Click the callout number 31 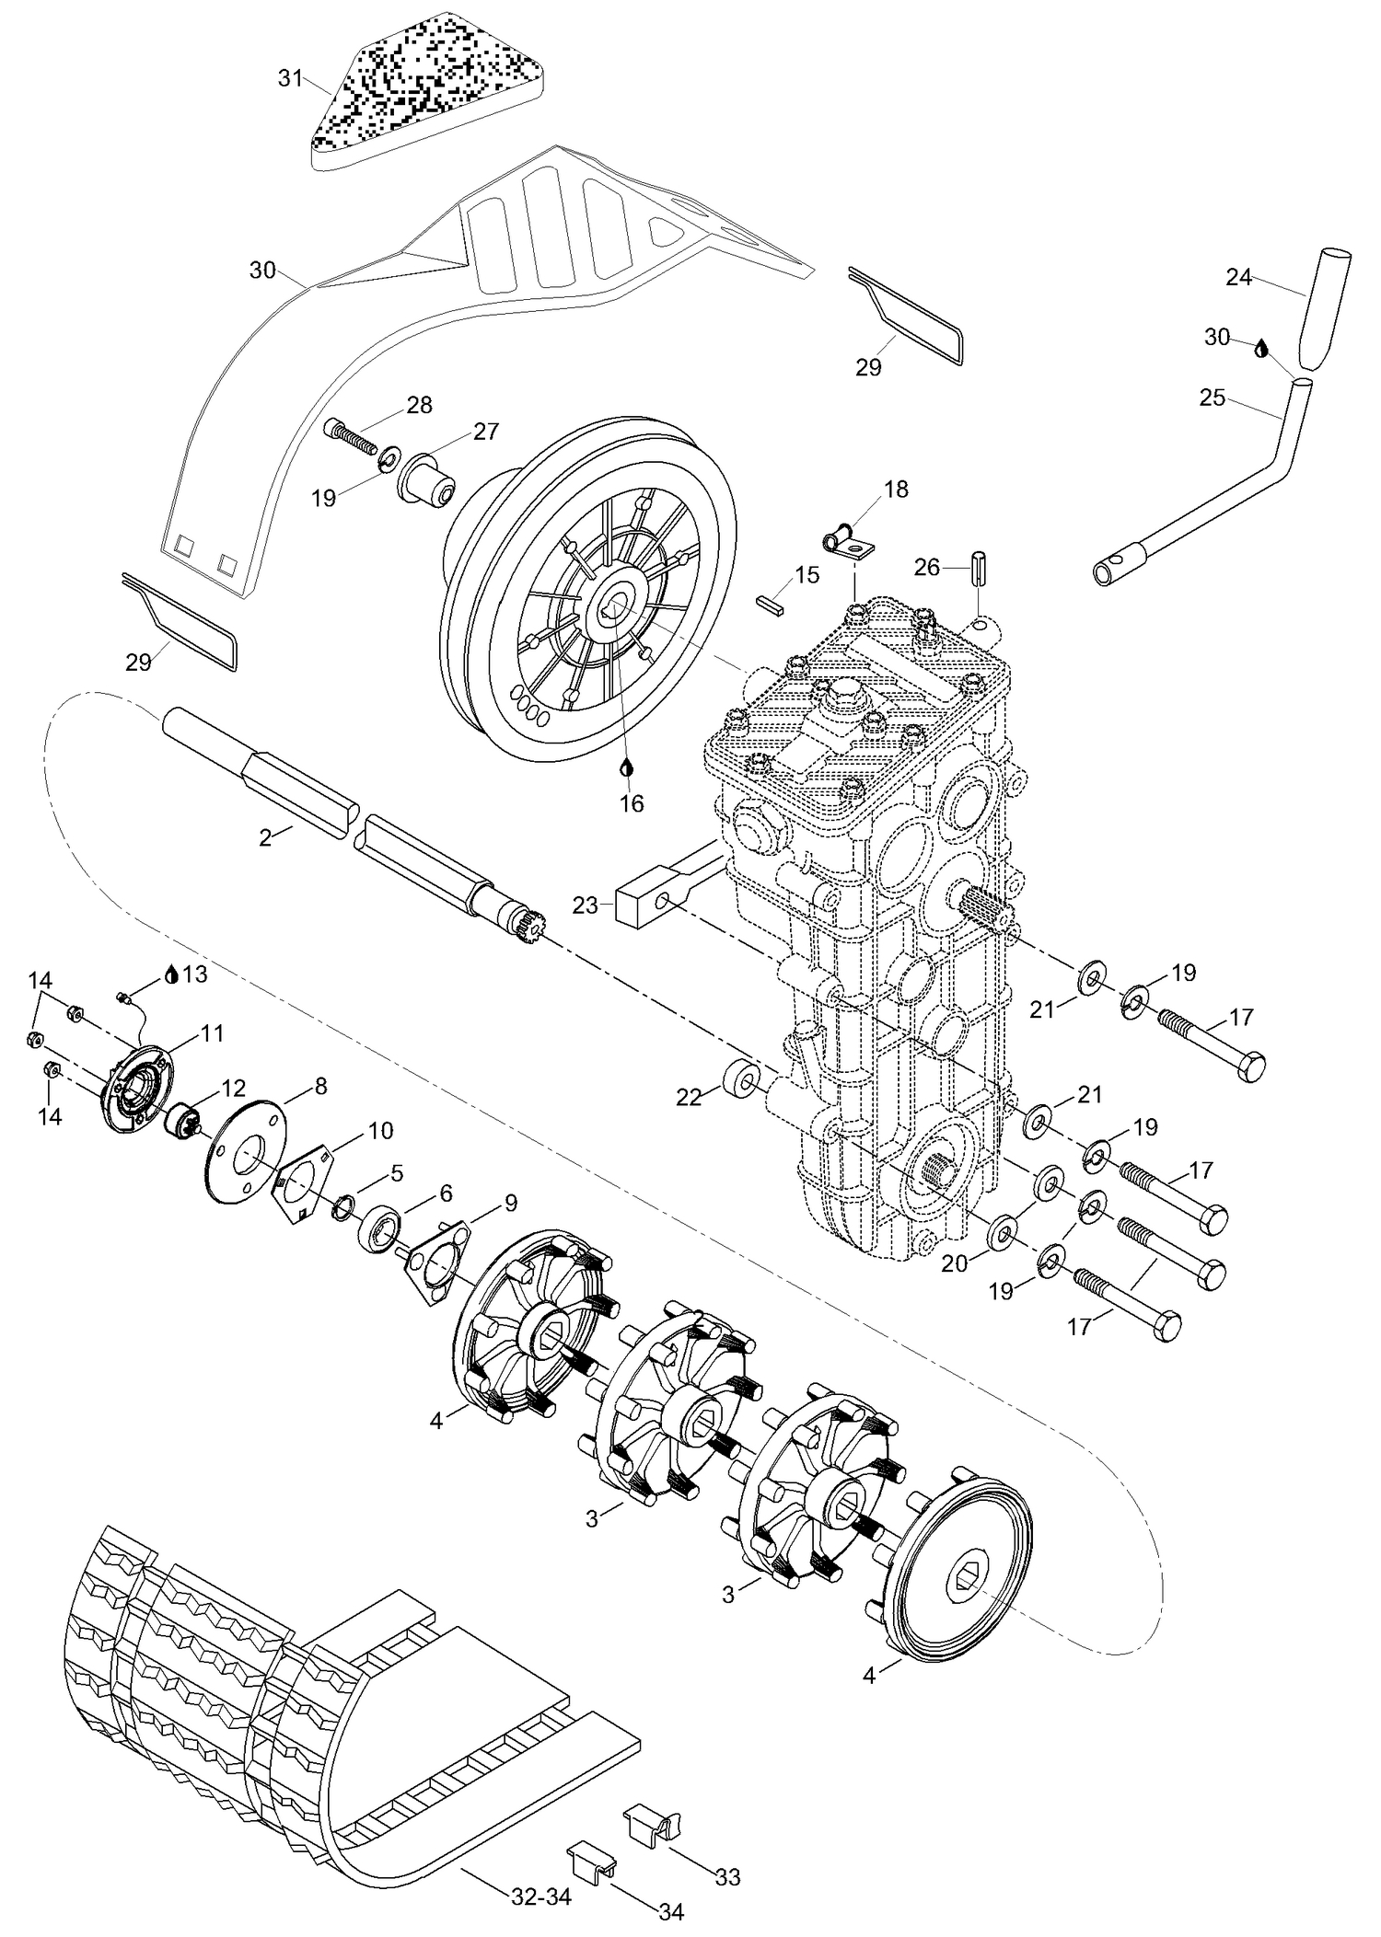pos(290,79)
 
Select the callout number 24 pos(1238,276)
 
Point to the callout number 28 pos(419,405)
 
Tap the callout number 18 pos(895,489)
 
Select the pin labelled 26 pos(978,566)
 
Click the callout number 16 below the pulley pos(632,803)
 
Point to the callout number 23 pos(585,905)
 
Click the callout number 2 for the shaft pos(265,837)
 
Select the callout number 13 pos(195,974)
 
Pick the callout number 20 pos(954,1263)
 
